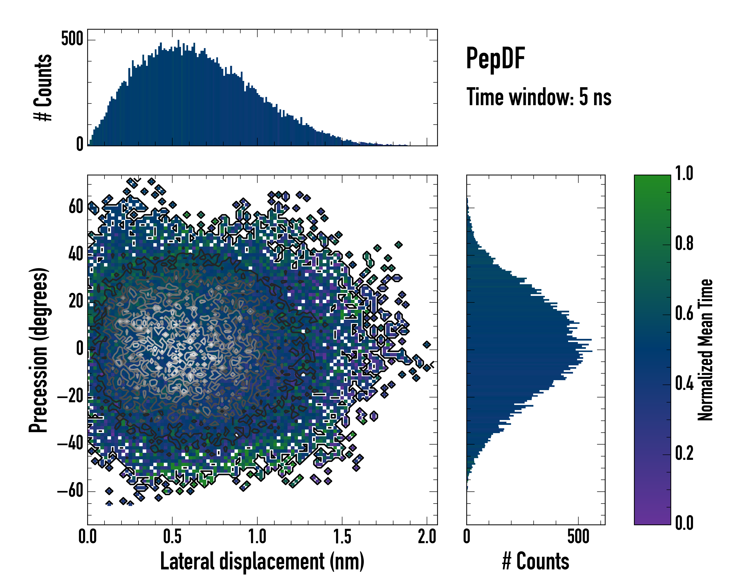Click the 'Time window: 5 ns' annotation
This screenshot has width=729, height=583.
[x=539, y=97]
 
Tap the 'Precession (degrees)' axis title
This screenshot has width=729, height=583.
[x=38, y=350]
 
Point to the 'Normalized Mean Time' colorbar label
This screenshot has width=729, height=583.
[x=705, y=350]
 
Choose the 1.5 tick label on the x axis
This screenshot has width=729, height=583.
[x=342, y=537]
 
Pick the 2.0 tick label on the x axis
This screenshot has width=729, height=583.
[x=427, y=537]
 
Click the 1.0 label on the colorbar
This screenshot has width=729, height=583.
[x=684, y=173]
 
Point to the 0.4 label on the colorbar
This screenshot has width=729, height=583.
[x=684, y=384]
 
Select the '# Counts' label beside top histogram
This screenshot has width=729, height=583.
[x=43, y=87]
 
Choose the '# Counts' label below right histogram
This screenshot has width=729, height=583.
[x=536, y=561]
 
